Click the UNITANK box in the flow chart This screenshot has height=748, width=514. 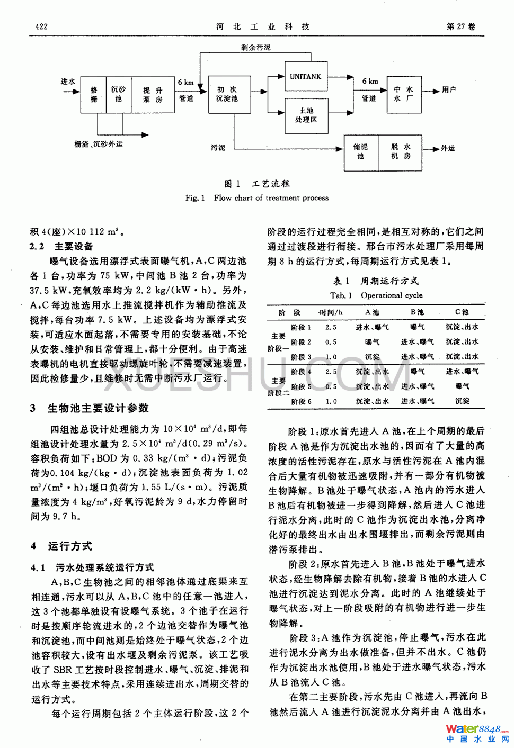click(x=305, y=77)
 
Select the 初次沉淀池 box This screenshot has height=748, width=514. click(x=227, y=94)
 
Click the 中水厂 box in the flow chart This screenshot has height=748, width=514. click(x=403, y=94)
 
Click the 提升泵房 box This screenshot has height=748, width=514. click(x=153, y=95)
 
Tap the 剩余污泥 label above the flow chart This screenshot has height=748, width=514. click(x=256, y=48)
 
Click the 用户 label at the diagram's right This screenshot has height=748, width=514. click(x=449, y=90)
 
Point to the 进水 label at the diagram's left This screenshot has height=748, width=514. click(x=68, y=82)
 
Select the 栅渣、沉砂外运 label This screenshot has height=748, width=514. click(x=99, y=144)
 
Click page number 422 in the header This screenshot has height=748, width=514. click(x=41, y=26)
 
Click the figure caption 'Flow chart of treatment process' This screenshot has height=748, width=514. click(x=271, y=198)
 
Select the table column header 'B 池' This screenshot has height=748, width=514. click(x=417, y=312)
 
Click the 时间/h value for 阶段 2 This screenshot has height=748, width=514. click(x=331, y=342)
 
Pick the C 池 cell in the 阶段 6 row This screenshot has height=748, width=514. click(x=462, y=401)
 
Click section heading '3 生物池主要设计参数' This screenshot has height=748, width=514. click(x=90, y=408)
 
